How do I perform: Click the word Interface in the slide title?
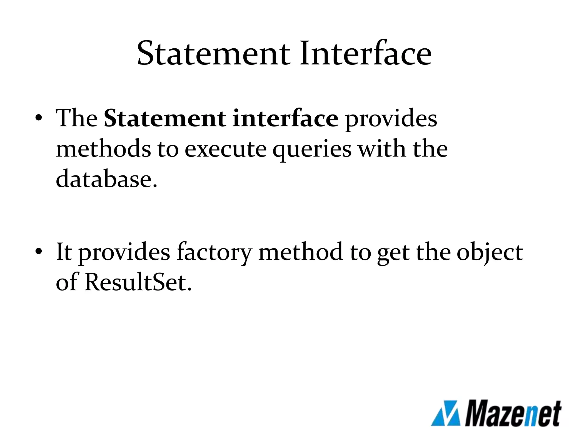(x=365, y=53)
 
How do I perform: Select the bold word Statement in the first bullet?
(x=165, y=119)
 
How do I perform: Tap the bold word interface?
(x=285, y=119)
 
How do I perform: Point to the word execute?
(x=225, y=149)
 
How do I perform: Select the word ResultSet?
(x=138, y=282)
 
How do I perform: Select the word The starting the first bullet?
(x=76, y=118)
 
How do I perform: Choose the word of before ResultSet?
(x=67, y=282)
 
